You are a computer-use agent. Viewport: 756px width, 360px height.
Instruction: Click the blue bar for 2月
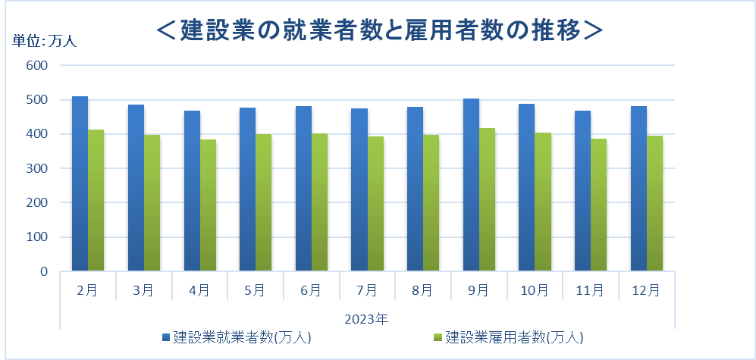[x=80, y=183]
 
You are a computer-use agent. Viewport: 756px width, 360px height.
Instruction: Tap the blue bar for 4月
[x=192, y=191]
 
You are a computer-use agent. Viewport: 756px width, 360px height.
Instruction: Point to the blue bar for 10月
[x=526, y=187]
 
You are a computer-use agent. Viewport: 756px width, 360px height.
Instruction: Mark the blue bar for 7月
[x=359, y=189]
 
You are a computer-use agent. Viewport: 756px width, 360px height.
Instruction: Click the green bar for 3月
[x=152, y=203]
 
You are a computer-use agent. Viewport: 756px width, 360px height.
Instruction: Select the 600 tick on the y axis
[x=37, y=65]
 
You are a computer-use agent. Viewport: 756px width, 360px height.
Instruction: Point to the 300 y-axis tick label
[x=37, y=168]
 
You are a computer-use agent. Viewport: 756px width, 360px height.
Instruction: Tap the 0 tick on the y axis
[x=44, y=271]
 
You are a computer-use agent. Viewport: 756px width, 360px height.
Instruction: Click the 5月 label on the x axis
[x=256, y=290]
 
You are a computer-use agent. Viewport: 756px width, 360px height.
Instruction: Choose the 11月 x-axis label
[x=591, y=290]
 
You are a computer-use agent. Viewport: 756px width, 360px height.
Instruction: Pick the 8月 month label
[x=423, y=290]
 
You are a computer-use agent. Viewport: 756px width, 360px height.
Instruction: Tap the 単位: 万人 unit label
[x=45, y=41]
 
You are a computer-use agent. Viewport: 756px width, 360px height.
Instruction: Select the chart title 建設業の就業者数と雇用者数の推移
[x=378, y=30]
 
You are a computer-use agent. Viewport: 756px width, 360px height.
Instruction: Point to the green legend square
[x=437, y=336]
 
